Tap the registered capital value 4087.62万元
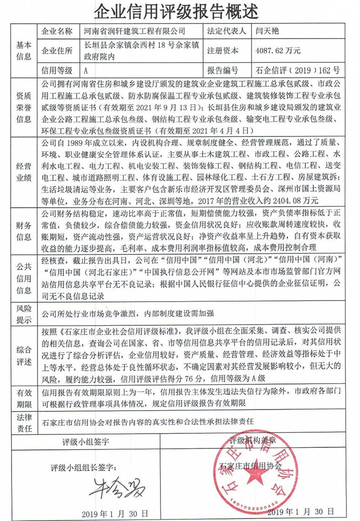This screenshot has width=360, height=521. pos(276,51)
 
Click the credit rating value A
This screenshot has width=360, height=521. pos(86,70)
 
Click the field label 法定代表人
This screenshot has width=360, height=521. pos(226,31)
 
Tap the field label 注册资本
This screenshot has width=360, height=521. pos(222,51)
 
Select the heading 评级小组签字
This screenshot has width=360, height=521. pos(85,443)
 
